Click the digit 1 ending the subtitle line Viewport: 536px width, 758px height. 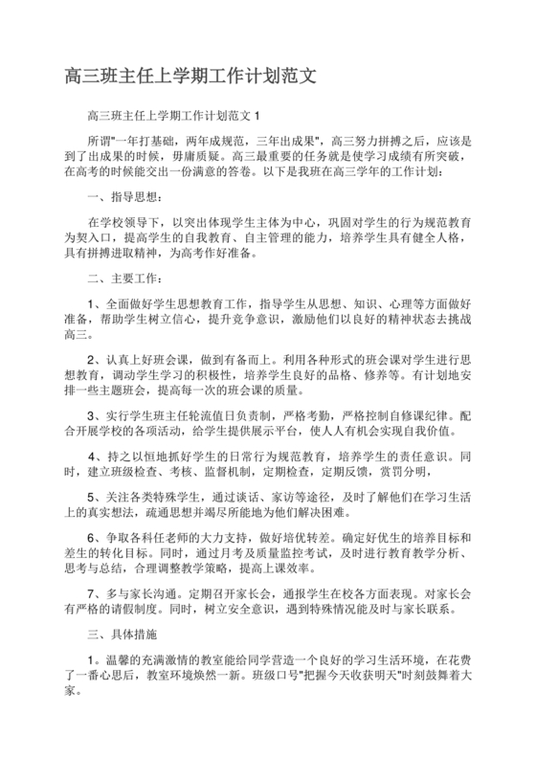[257, 117]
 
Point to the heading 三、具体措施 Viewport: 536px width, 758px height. [122, 634]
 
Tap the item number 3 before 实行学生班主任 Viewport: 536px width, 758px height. [91, 416]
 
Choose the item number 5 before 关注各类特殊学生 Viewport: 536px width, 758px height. [91, 497]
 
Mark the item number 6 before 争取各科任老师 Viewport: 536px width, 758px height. [91, 538]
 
